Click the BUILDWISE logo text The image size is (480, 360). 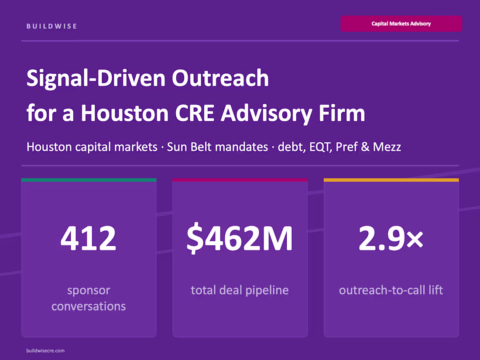(51, 26)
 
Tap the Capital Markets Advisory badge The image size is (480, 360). (401, 24)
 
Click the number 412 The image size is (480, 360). (89, 239)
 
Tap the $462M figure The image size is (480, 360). (240, 239)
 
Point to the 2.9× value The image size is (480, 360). (391, 239)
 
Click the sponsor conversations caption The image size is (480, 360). (89, 298)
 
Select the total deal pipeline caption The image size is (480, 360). (240, 290)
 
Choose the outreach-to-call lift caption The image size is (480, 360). (391, 290)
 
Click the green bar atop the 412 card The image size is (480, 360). (89, 180)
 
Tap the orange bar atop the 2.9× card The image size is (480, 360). (391, 180)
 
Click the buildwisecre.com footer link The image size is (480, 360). (45, 350)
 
